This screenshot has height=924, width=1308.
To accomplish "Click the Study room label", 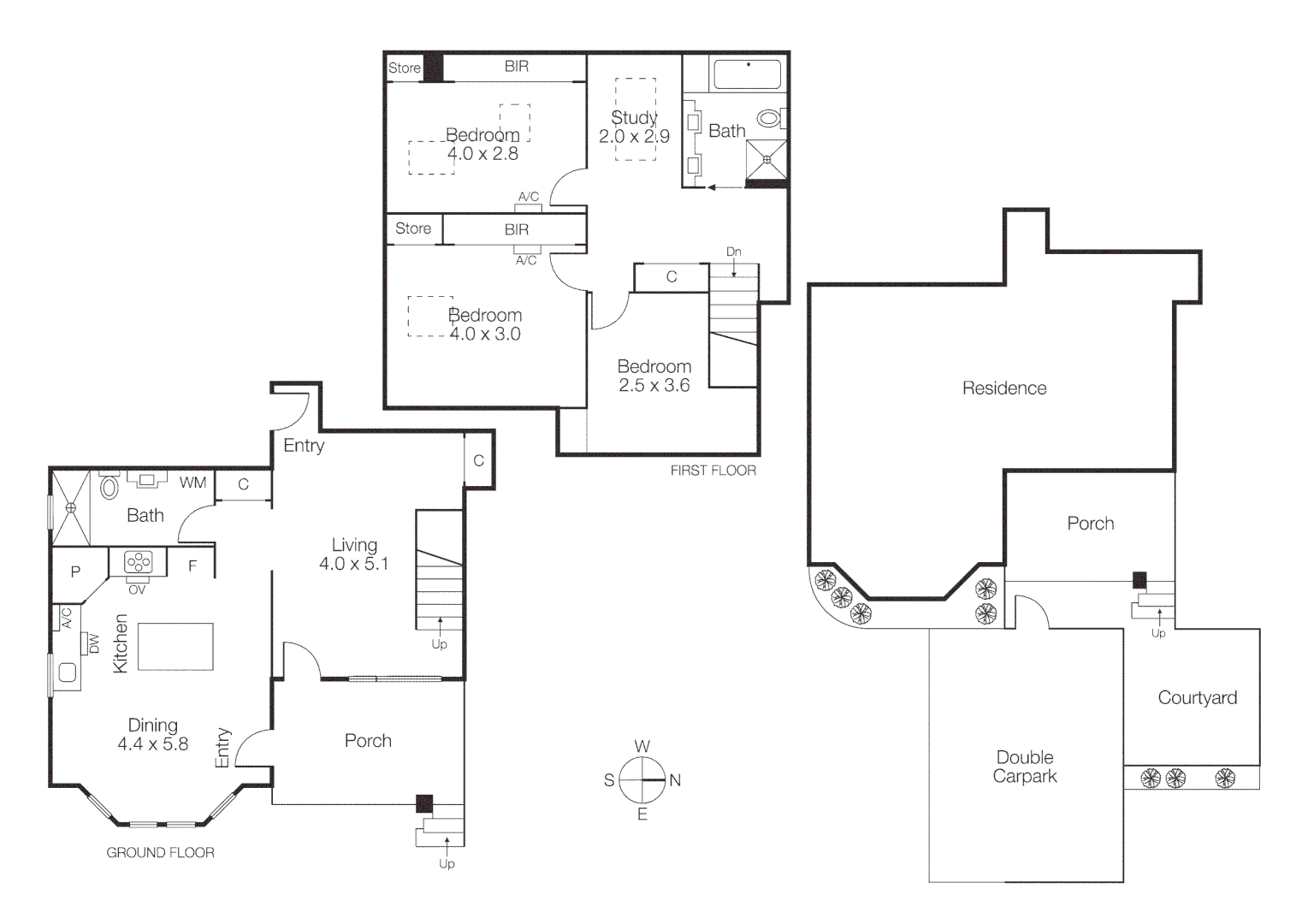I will (x=634, y=117).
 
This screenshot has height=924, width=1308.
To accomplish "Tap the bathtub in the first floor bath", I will (x=747, y=74).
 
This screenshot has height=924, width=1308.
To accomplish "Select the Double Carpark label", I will (x=1025, y=767).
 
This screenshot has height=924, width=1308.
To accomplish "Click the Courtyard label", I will (x=1197, y=697).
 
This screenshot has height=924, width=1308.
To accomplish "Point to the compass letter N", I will (x=675, y=780).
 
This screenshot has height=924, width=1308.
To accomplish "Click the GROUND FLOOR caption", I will (x=160, y=852).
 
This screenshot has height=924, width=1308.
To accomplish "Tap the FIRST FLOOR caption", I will (x=713, y=471).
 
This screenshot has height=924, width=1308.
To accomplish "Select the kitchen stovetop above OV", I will (x=138, y=562).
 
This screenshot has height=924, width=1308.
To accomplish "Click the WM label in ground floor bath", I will (x=192, y=483).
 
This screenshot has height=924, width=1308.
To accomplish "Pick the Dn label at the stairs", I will (x=733, y=252).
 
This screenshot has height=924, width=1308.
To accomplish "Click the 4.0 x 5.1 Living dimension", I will (x=353, y=564).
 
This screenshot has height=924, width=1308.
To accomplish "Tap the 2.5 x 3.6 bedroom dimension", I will (x=654, y=386).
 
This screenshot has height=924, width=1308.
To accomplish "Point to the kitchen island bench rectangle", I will (x=175, y=647).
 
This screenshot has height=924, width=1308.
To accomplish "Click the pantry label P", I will (x=75, y=572).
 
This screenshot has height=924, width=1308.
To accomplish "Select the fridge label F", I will (x=192, y=566).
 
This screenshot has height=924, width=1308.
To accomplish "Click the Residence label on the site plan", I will (x=1003, y=388).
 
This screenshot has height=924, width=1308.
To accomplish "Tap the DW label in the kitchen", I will (x=94, y=643).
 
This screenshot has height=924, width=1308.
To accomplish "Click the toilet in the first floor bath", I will (x=771, y=118).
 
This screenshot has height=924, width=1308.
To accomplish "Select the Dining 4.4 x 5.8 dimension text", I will (x=152, y=744).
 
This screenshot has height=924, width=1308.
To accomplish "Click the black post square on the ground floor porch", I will (x=424, y=803).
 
